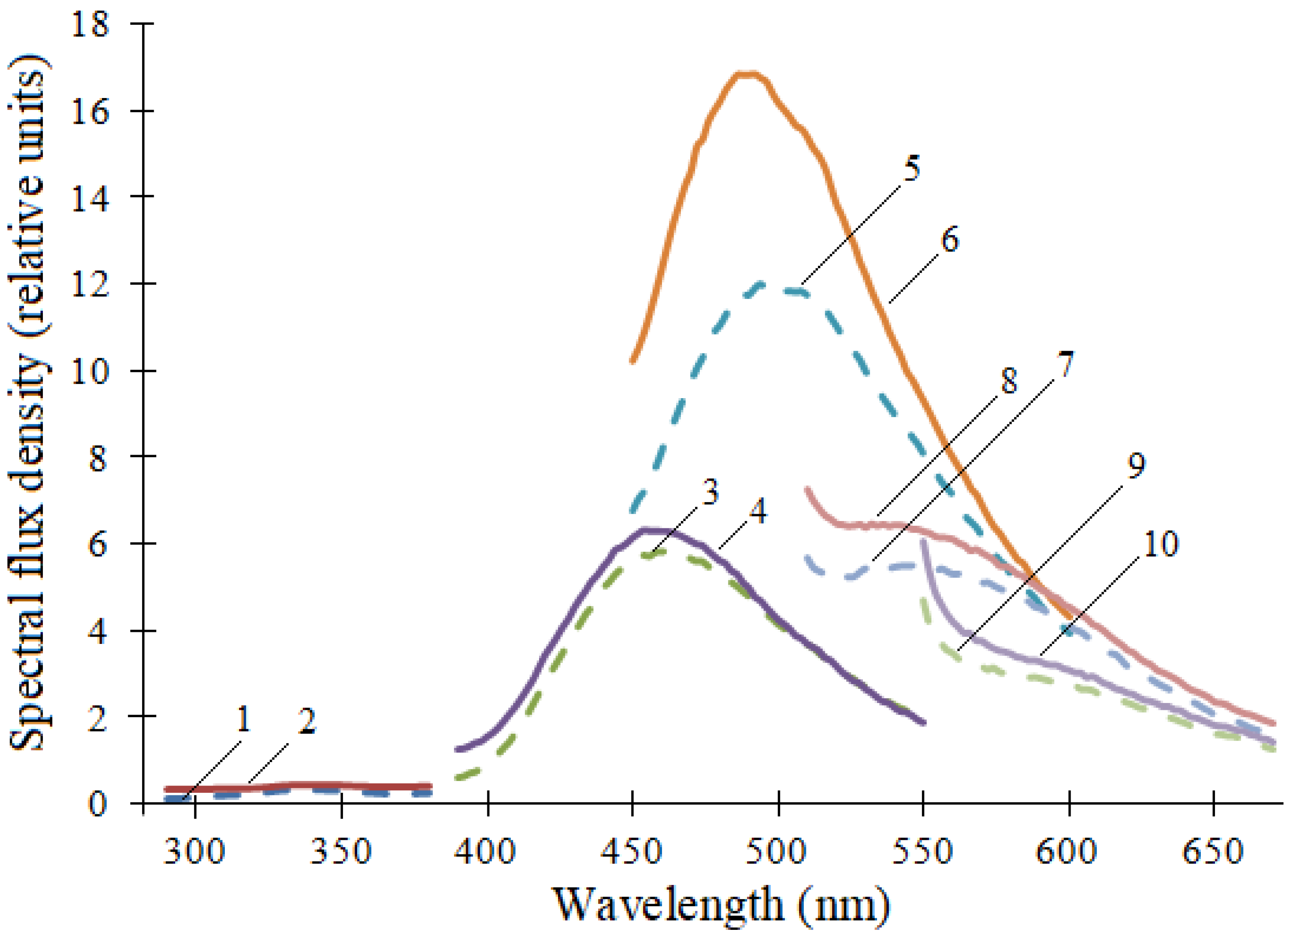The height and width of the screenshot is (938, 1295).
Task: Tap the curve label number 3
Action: tap(710, 492)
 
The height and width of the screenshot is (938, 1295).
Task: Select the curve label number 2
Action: tap(307, 722)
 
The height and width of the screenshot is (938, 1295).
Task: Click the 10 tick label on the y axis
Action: tap(90, 371)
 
